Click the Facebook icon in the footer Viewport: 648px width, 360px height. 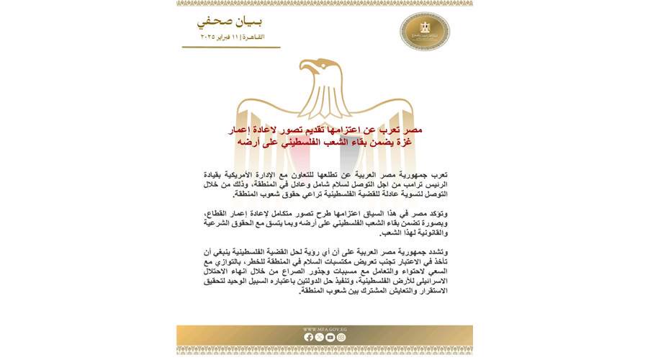(x=309, y=337)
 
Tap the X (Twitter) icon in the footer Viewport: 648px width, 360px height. (x=320, y=337)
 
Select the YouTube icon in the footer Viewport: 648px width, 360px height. (x=330, y=337)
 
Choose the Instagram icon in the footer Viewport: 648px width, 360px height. (x=341, y=337)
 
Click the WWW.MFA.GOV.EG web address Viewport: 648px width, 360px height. (x=325, y=329)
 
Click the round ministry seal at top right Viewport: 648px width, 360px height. (x=424, y=31)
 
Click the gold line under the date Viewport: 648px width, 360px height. (x=230, y=47)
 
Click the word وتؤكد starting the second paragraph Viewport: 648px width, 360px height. (x=437, y=215)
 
